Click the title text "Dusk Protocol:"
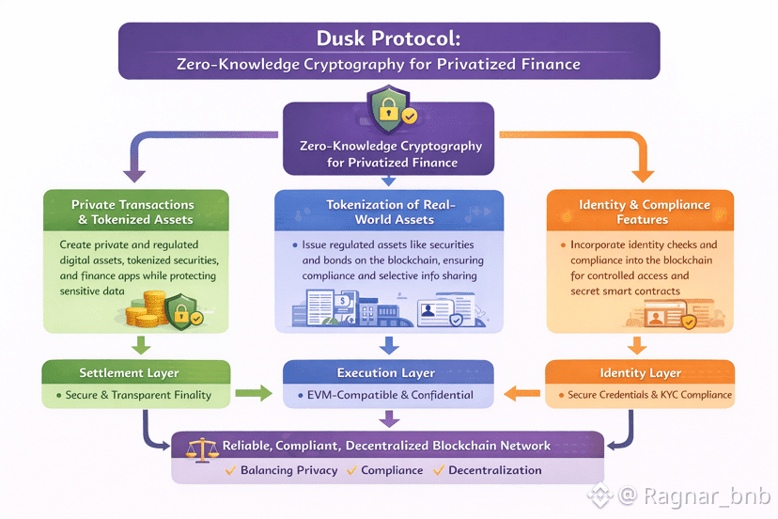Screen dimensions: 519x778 coord(388,40)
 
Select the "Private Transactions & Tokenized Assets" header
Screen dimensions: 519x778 coord(132,212)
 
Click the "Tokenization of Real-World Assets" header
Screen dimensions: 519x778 coord(389,212)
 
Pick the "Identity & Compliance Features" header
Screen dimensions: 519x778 coord(644,212)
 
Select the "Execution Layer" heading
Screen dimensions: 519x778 coord(386,373)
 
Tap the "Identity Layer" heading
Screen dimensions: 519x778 coord(640,373)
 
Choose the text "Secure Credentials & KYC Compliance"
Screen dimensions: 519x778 coord(649,395)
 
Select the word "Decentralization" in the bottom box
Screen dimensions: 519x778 coord(495,470)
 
